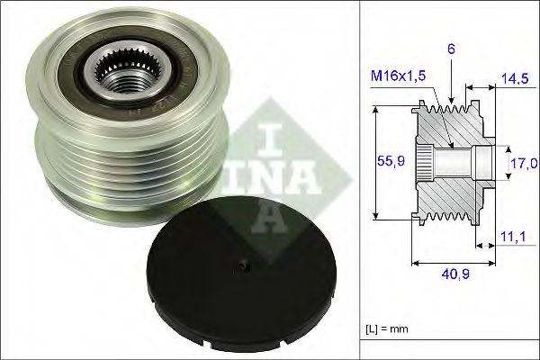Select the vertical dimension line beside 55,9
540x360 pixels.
[375, 163]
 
